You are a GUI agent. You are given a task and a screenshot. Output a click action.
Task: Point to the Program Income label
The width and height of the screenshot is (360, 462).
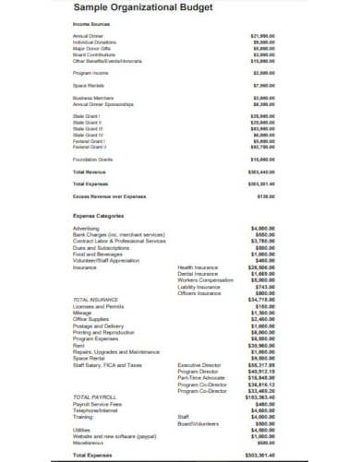pyautogui.click(x=90, y=71)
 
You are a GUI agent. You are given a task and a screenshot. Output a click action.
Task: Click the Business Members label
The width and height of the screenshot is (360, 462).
pyautogui.click(x=93, y=95)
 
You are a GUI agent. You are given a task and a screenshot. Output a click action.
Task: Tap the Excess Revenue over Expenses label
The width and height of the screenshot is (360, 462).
pyautogui.click(x=109, y=196)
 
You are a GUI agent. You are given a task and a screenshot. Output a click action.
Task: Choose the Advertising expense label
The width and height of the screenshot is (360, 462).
pyautogui.click(x=86, y=229)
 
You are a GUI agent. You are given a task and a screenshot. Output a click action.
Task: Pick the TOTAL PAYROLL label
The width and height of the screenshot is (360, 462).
pyautogui.click(x=95, y=396)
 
